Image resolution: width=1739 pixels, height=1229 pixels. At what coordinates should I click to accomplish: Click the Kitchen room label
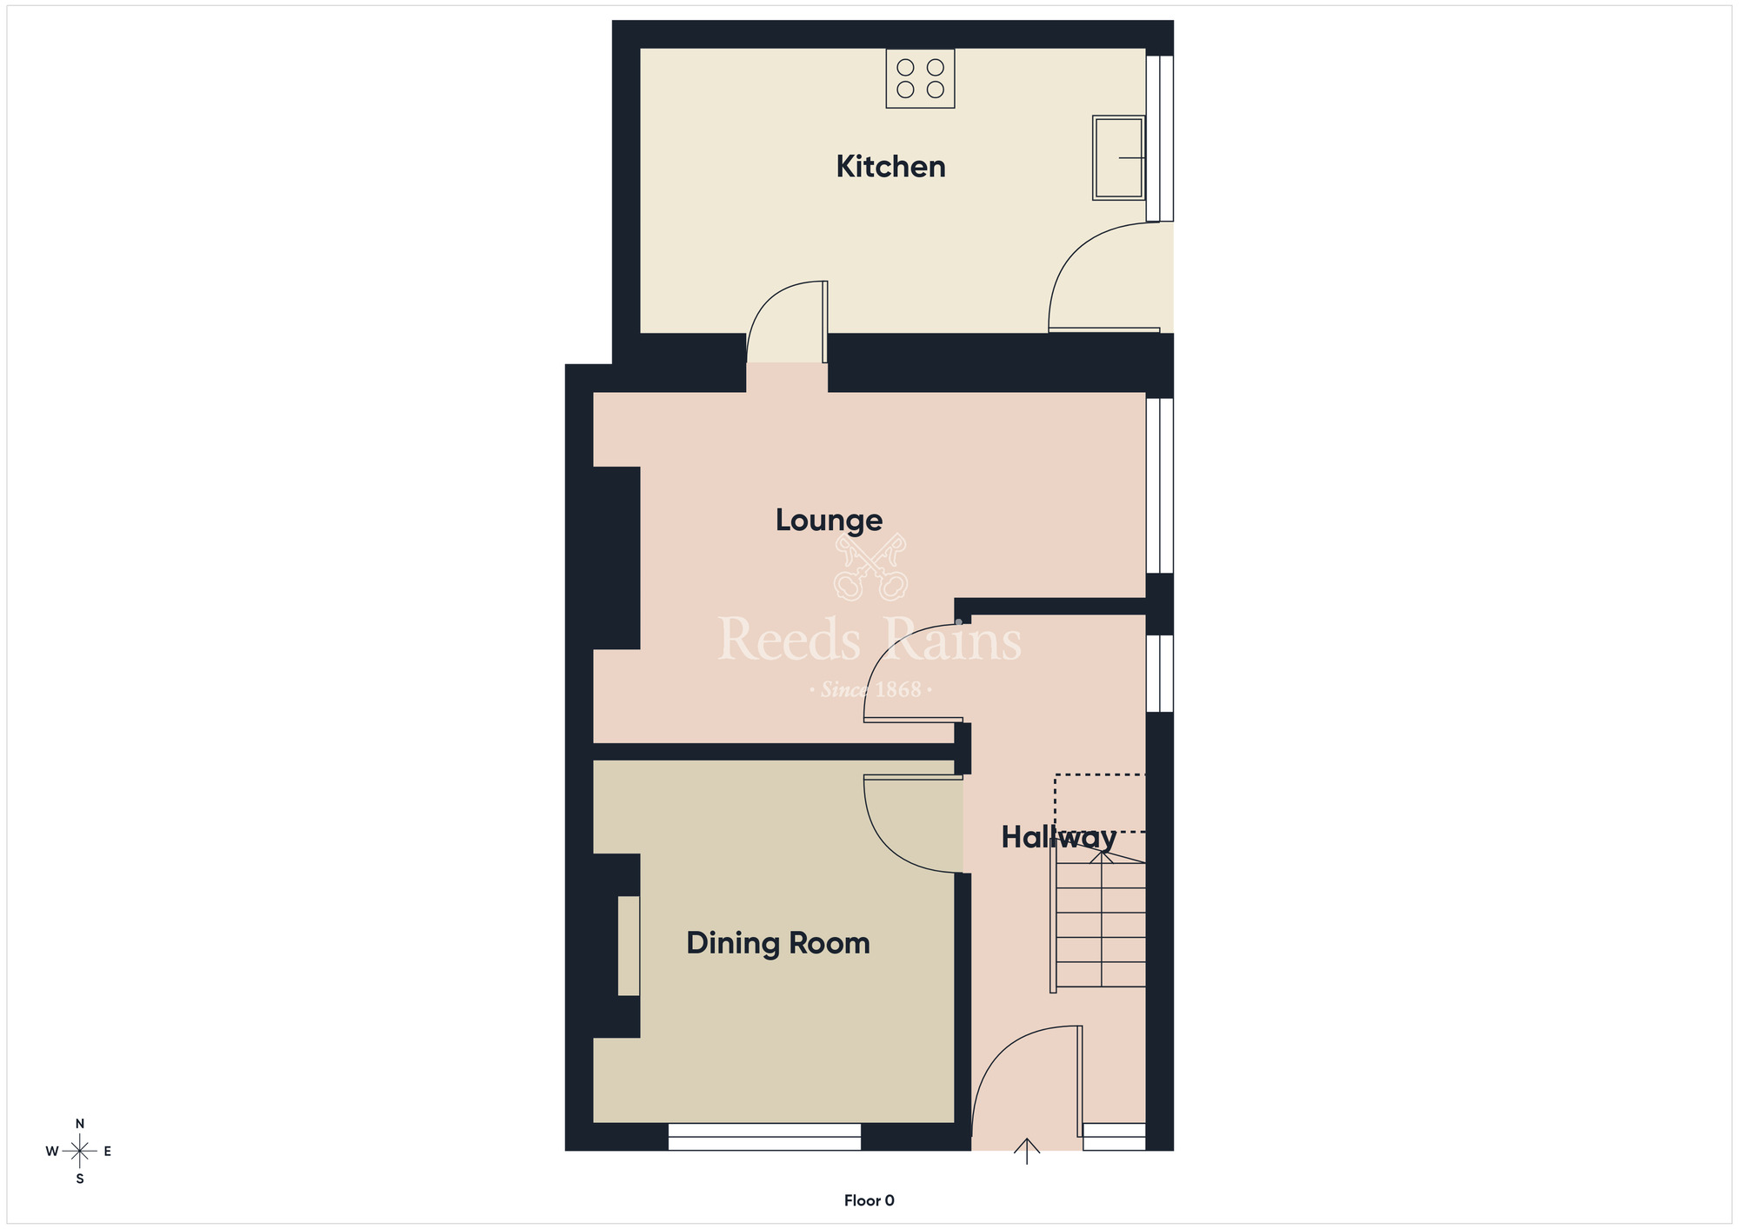[890, 166]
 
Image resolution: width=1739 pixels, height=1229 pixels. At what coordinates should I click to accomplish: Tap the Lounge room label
[829, 520]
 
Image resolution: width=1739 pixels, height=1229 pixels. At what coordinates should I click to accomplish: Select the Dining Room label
[777, 943]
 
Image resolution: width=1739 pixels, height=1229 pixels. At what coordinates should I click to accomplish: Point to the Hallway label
[1058, 837]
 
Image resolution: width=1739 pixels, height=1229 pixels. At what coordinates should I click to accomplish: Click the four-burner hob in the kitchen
[920, 78]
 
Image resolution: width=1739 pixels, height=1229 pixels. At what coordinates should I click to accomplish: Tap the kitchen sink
[1118, 157]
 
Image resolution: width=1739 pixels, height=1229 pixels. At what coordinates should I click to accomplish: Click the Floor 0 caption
[869, 1200]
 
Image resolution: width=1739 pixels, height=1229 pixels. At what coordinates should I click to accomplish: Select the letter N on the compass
[80, 1124]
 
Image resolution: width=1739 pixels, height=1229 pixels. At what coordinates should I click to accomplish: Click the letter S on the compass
[80, 1179]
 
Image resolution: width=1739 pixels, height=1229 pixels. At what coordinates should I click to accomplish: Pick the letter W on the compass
[52, 1152]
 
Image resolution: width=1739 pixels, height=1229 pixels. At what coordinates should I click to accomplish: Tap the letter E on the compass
[108, 1152]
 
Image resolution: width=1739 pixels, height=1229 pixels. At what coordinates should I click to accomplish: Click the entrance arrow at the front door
[1027, 1151]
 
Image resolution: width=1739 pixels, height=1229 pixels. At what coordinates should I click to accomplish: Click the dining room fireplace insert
[629, 946]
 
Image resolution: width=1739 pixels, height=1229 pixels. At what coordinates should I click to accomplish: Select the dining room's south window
[764, 1137]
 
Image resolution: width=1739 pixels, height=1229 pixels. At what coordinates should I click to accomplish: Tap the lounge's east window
[1160, 485]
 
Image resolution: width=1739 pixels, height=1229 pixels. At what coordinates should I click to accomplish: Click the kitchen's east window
[1160, 138]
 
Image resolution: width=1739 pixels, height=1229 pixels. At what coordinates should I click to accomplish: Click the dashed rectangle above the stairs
[1100, 803]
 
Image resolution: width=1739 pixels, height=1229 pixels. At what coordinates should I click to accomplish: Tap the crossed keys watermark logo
[870, 568]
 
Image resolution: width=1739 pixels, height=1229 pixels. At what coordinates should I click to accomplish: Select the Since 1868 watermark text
[870, 690]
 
